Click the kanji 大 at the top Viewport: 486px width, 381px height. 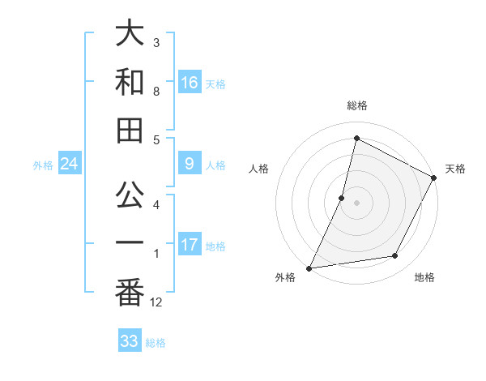(x=130, y=34)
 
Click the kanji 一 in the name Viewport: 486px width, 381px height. (x=130, y=242)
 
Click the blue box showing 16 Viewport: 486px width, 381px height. (x=189, y=83)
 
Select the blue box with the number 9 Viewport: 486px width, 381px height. (x=189, y=165)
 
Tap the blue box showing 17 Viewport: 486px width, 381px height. (x=189, y=245)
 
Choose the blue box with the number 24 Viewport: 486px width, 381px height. (x=70, y=165)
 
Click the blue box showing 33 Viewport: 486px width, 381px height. (x=129, y=341)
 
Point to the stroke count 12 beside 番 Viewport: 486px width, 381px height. (x=156, y=302)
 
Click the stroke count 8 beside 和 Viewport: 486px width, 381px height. (x=156, y=91)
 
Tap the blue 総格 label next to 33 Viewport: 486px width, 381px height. (x=156, y=343)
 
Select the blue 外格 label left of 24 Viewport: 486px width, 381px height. (x=43, y=165)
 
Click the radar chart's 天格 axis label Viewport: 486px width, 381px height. (x=455, y=169)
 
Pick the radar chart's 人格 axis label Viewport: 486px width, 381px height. (x=258, y=169)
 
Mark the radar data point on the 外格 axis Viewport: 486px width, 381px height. (x=309, y=268)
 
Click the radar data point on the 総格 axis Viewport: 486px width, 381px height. (x=356, y=139)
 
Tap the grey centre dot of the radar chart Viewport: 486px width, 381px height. (x=356, y=203)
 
